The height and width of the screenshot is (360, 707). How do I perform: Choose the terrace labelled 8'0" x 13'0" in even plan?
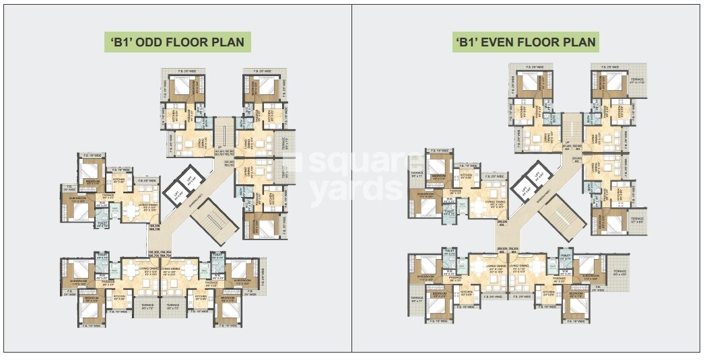pyautogui.click(x=620, y=273)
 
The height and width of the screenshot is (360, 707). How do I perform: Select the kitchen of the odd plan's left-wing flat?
pyautogui.click(x=119, y=181)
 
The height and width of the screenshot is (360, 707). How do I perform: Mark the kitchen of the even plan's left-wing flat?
pyautogui.click(x=465, y=176)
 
